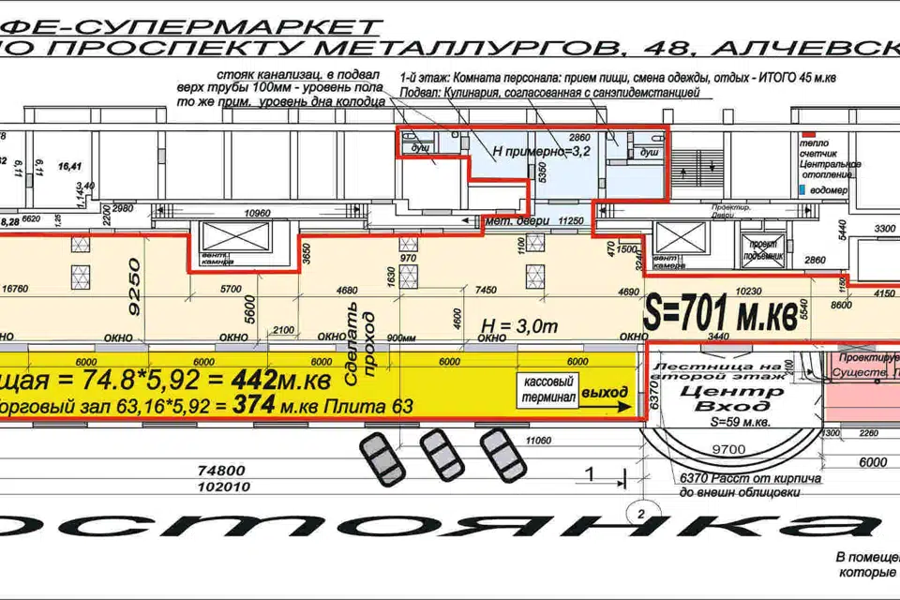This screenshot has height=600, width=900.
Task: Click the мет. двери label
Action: (506, 223)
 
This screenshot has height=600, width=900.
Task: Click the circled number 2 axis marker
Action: (638, 513)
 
